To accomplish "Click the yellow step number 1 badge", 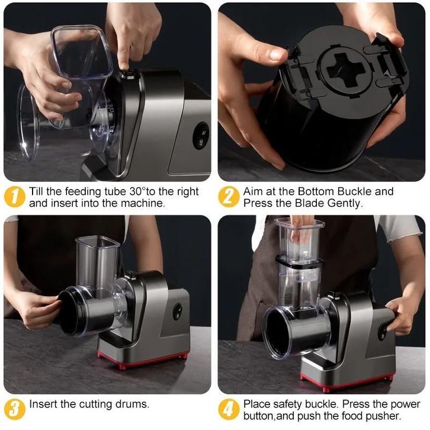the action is click(x=15, y=197).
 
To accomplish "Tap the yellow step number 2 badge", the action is click(x=229, y=197).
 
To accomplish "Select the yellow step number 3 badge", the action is click(x=15, y=409).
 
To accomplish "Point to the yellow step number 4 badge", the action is click(x=229, y=409).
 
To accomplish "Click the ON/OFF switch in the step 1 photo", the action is click(x=200, y=136).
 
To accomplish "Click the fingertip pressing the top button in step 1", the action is click(x=125, y=66).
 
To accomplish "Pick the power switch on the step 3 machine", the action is click(x=178, y=312).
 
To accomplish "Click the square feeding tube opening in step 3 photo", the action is click(x=98, y=242).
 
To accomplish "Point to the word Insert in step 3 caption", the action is click(x=43, y=404).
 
